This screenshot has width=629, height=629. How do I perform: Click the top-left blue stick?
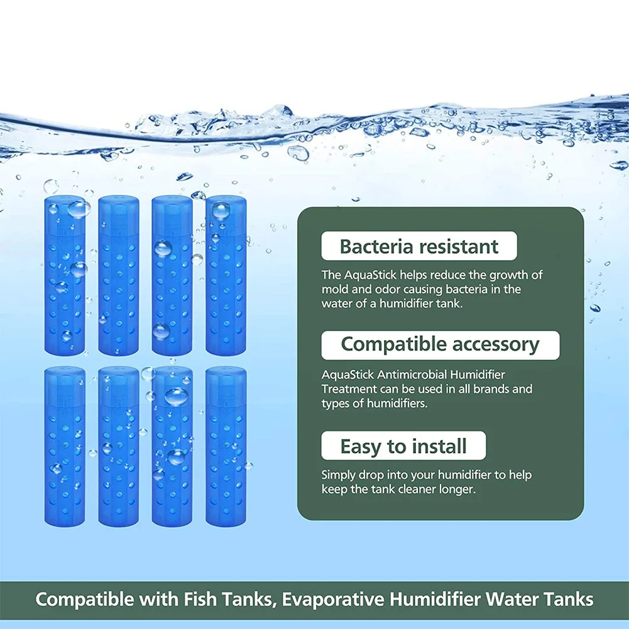(65, 276)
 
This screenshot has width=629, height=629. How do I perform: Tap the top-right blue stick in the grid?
(226, 276)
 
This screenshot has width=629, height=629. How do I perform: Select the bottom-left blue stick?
(65, 446)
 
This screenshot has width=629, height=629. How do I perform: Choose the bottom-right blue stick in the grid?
(226, 446)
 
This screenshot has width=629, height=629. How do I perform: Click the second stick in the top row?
(119, 276)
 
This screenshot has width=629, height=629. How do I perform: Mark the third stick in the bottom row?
(172, 446)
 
